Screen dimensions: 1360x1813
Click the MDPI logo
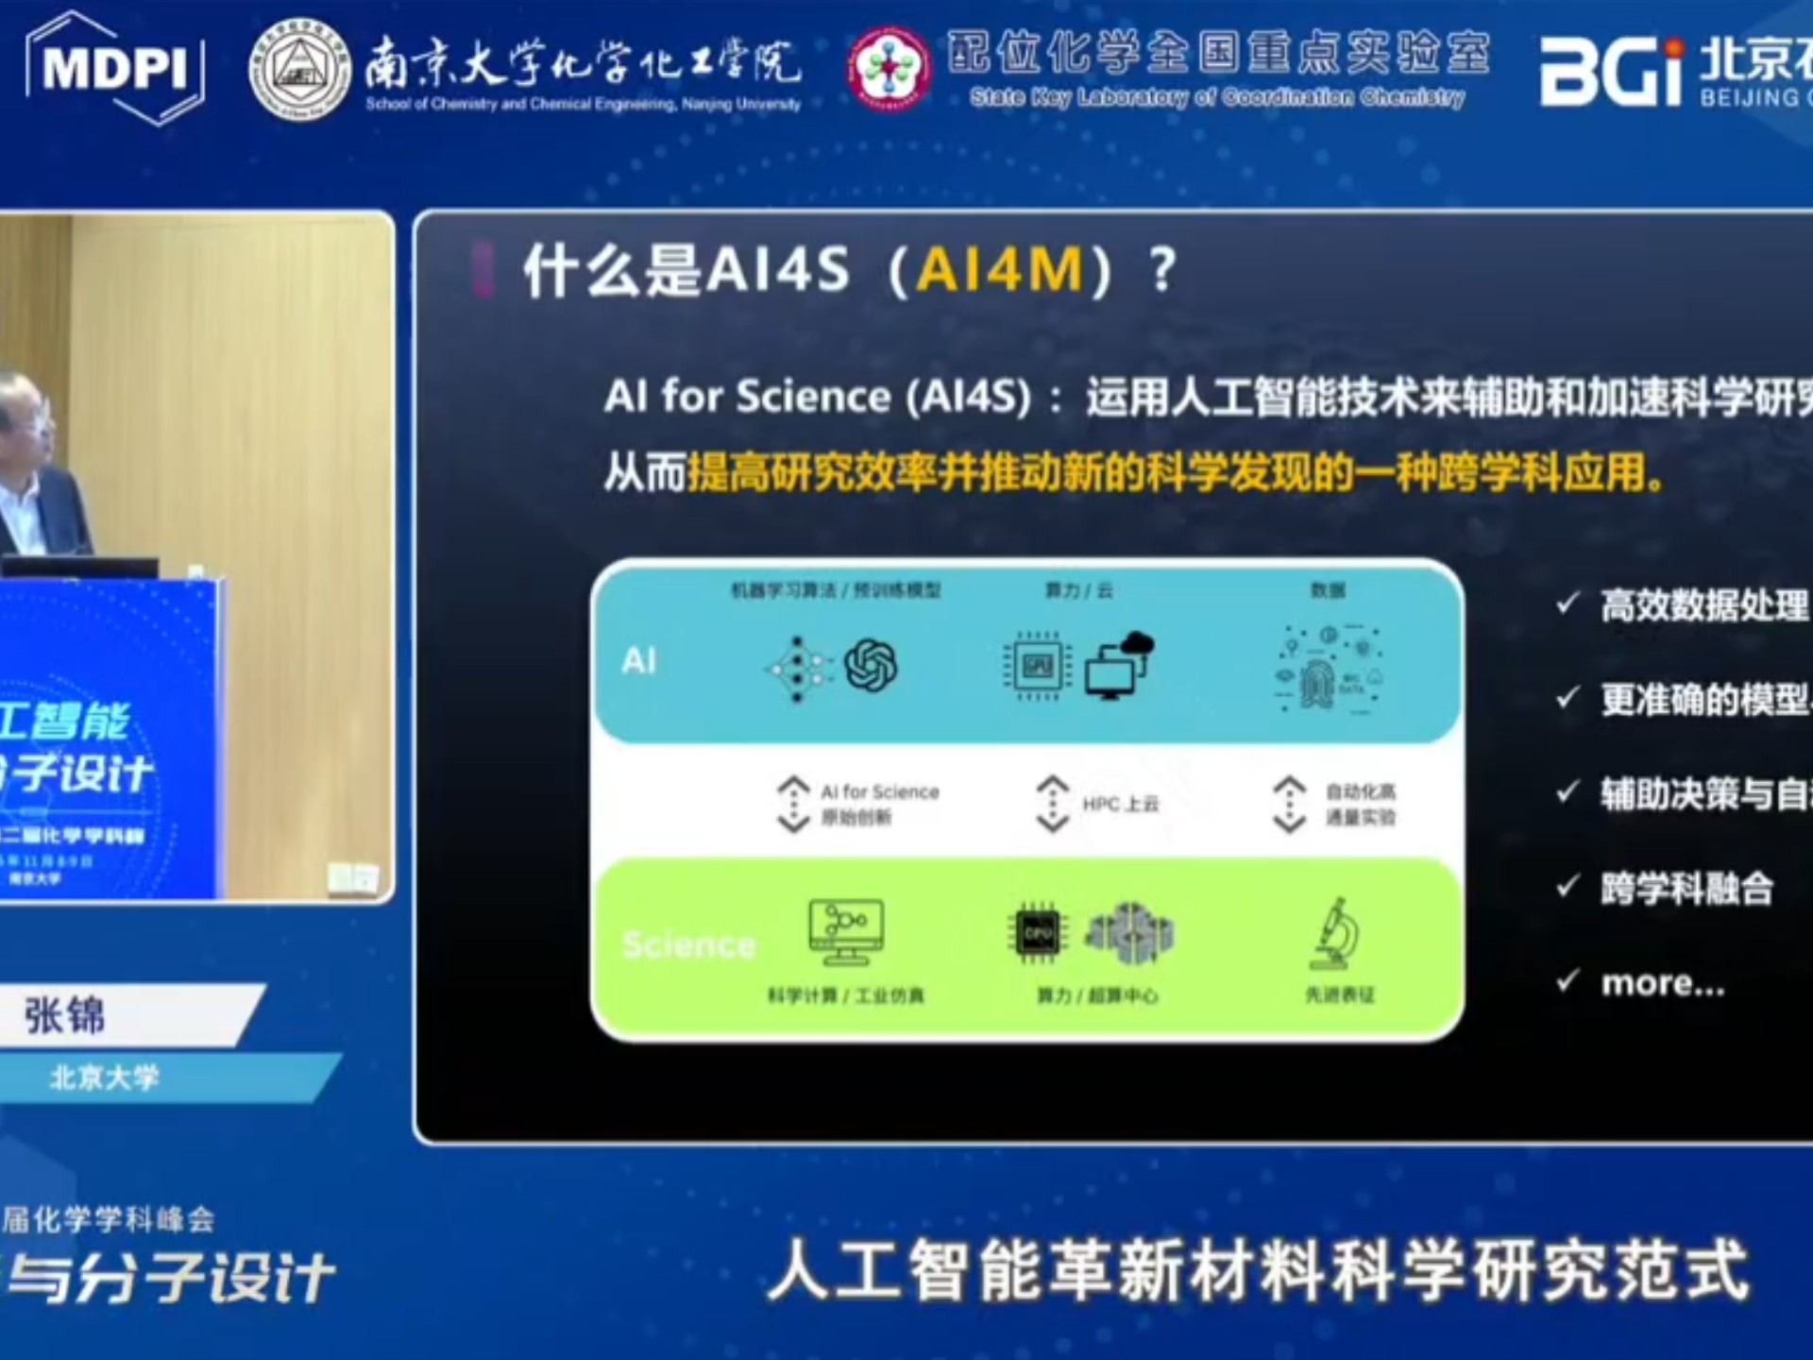coord(115,68)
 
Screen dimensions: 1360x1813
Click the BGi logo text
coord(1611,72)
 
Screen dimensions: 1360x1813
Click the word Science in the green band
coord(689,944)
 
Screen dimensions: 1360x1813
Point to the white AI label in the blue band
coord(639,661)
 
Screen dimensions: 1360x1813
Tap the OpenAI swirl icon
coord(871,665)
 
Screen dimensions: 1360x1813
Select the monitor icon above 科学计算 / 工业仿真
coord(846,931)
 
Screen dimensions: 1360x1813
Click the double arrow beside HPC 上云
coord(1053,804)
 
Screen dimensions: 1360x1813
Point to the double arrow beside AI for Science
coord(793,804)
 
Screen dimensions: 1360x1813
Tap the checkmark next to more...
coord(1567,981)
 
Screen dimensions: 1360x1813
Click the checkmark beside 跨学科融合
coord(1567,886)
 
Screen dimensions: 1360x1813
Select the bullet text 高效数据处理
coord(1703,605)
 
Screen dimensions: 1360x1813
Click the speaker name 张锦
coord(64,1016)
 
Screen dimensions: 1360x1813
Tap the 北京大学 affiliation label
coord(104,1078)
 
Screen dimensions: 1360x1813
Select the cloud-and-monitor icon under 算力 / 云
coord(1120,665)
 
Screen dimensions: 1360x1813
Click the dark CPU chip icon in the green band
coord(1037,933)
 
